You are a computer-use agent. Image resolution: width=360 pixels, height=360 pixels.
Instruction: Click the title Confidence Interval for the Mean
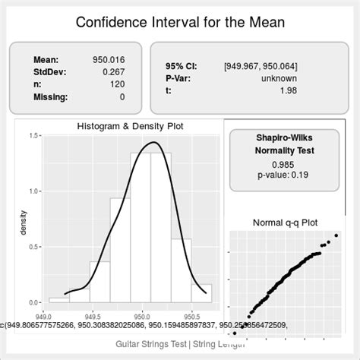pos(180,21)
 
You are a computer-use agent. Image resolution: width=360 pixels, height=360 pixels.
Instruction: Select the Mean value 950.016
pos(109,58)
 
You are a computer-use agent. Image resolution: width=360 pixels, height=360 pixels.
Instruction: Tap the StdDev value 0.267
pos(113,71)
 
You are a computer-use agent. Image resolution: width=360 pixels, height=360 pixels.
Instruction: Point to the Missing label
pos(50,97)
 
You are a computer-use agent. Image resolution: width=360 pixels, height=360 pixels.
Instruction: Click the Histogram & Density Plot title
pos(130,126)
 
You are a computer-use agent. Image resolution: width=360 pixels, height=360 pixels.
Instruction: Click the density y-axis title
pos(24,220)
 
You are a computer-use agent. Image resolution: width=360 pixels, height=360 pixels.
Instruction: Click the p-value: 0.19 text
pos(283,175)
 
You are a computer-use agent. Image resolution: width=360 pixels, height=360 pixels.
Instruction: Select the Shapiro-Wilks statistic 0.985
pos(283,163)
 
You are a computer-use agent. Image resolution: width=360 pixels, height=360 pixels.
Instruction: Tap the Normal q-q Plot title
pos(285,223)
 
